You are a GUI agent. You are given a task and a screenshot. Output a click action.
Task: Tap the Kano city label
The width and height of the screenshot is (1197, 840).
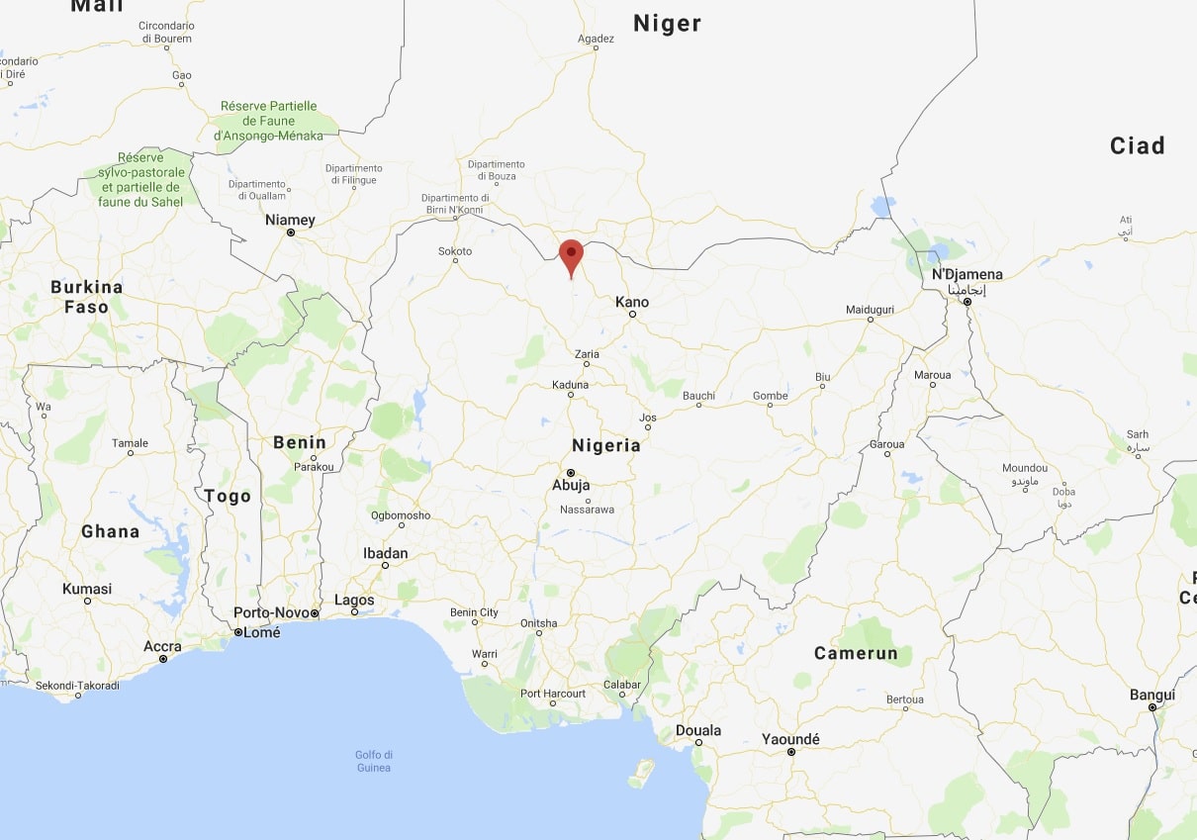pyautogui.click(x=632, y=302)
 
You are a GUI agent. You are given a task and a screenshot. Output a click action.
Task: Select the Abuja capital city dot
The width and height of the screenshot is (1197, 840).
pyautogui.click(x=571, y=473)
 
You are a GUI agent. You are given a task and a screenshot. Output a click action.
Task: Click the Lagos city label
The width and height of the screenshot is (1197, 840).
pyautogui.click(x=354, y=600)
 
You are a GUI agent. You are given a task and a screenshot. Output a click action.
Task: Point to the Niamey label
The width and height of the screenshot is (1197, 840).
pyautogui.click(x=290, y=220)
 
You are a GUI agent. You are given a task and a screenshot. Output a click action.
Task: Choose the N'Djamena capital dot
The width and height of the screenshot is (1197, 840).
pyautogui.click(x=967, y=301)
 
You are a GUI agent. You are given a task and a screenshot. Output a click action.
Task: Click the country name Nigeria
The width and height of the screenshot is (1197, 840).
pyautogui.click(x=606, y=445)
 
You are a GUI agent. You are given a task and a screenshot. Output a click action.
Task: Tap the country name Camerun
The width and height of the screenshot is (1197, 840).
pyautogui.click(x=856, y=653)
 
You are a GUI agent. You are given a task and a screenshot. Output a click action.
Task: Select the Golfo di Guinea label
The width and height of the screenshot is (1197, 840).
pyautogui.click(x=374, y=761)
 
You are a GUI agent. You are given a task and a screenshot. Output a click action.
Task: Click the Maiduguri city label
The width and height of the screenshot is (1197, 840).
pyautogui.click(x=870, y=310)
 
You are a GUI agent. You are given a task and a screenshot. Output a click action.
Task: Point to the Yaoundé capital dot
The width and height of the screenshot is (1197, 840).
pyautogui.click(x=791, y=753)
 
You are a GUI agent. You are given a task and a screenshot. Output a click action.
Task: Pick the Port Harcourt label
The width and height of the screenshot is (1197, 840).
pyautogui.click(x=553, y=694)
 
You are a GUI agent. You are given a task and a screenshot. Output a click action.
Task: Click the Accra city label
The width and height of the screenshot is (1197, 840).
pyautogui.click(x=162, y=647)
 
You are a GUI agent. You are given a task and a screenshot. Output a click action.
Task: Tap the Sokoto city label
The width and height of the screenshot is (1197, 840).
pyautogui.click(x=455, y=251)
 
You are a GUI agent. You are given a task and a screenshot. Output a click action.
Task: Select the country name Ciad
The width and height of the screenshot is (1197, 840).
pyautogui.click(x=1137, y=145)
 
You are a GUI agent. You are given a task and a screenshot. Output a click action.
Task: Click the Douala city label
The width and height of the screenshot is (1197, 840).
pyautogui.click(x=698, y=730)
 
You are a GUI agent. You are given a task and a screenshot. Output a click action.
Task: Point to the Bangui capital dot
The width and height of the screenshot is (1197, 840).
pyautogui.click(x=1152, y=708)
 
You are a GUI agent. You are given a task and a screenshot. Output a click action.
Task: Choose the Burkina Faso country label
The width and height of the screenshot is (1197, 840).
pyautogui.click(x=87, y=297)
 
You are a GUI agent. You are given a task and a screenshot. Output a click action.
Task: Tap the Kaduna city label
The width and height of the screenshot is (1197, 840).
pyautogui.click(x=570, y=385)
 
